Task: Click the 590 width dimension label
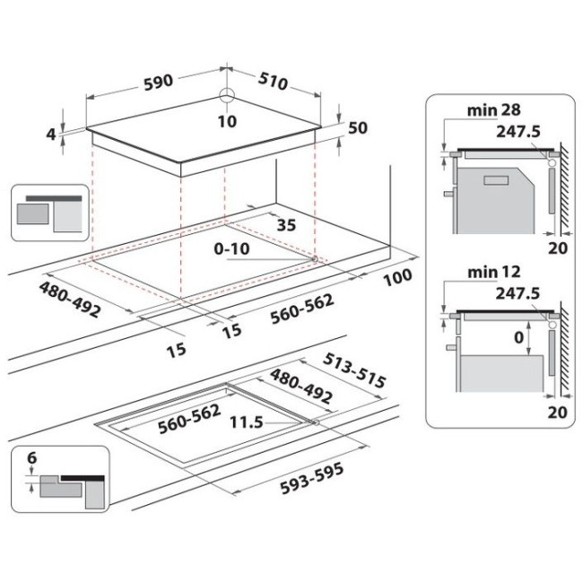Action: click(159, 83)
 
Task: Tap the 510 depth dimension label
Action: click(274, 81)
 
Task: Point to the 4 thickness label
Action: click(51, 134)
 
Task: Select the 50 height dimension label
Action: click(358, 127)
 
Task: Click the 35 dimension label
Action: click(286, 225)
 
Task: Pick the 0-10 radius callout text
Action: click(231, 248)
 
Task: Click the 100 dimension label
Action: click(397, 277)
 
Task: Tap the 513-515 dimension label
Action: click(354, 370)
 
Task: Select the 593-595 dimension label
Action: click(312, 479)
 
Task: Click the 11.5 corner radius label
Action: click(247, 422)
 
